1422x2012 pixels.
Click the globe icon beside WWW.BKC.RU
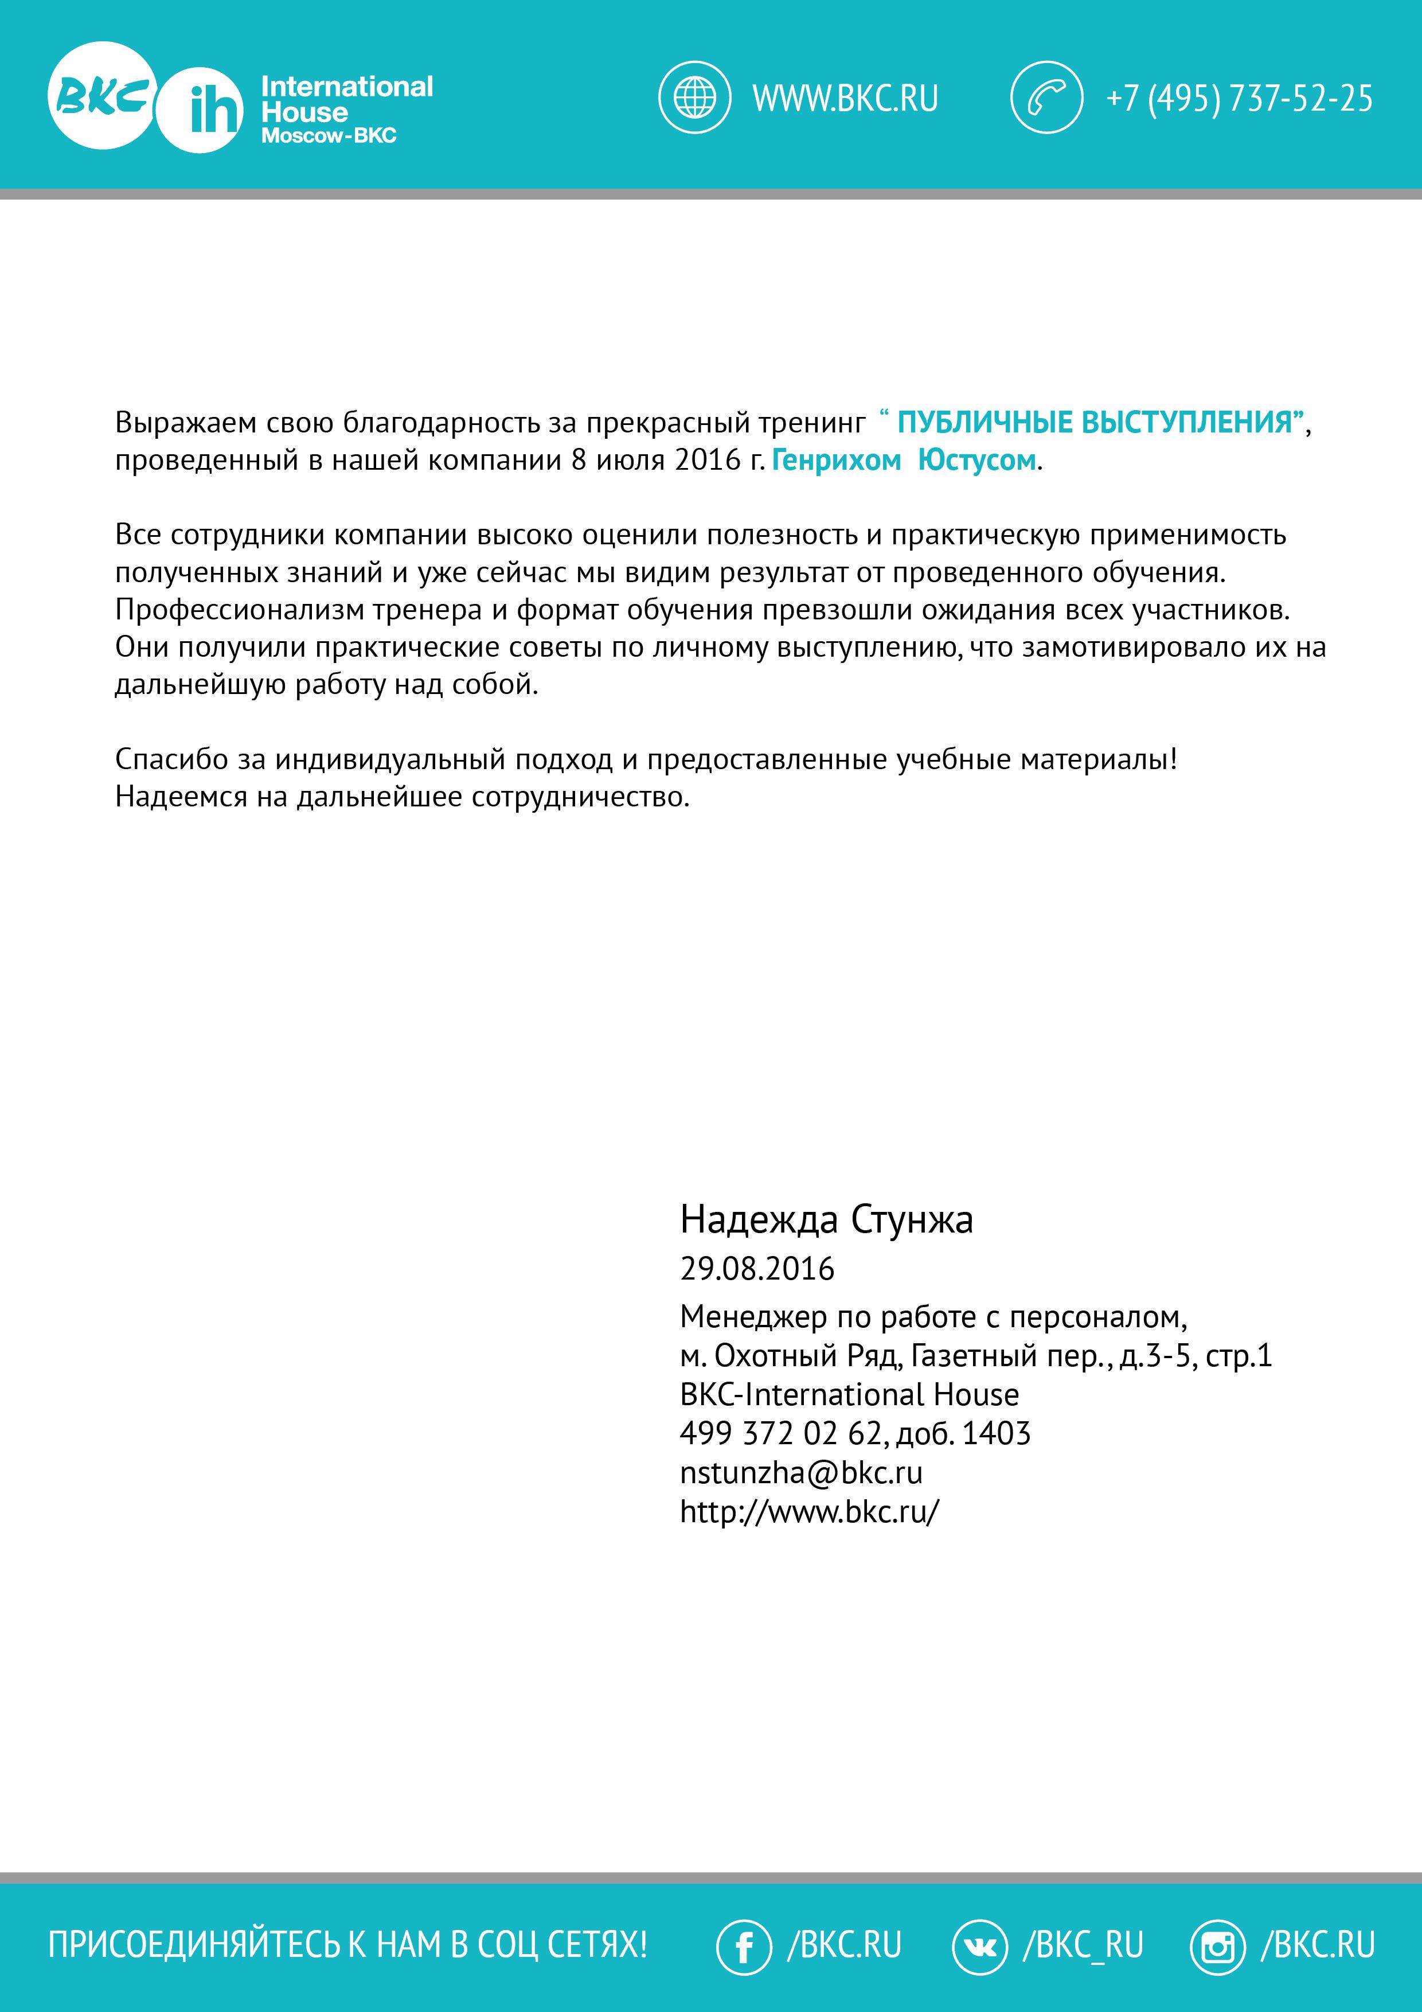pyautogui.click(x=694, y=98)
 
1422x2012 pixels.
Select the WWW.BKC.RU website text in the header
pyautogui.click(x=845, y=98)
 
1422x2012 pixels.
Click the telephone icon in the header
pyautogui.click(x=1046, y=98)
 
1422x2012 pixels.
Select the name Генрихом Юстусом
pyautogui.click(x=903, y=460)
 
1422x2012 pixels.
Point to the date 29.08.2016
pyautogui.click(x=757, y=1269)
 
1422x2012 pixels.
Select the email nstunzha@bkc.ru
pyautogui.click(x=801, y=1473)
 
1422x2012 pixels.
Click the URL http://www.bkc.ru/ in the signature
pyautogui.click(x=808, y=1512)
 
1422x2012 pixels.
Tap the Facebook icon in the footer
pyautogui.click(x=744, y=1945)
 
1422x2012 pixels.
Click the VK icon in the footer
pyautogui.click(x=979, y=1945)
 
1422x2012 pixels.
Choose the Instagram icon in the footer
pyautogui.click(x=1217, y=1945)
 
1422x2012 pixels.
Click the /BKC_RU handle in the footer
pyautogui.click(x=1083, y=1944)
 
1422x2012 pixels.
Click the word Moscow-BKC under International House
pyautogui.click(x=329, y=136)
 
